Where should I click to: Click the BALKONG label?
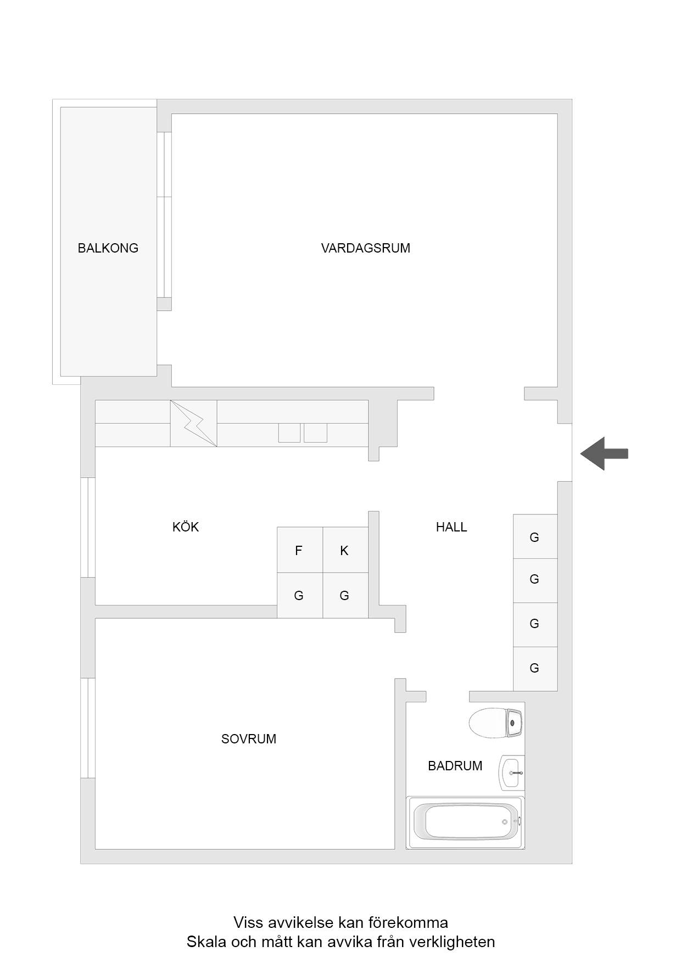point(108,248)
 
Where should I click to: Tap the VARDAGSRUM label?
point(365,248)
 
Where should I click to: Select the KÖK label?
point(186,527)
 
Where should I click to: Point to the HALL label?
point(451,527)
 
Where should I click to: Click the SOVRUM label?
point(249,739)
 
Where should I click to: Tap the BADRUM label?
point(455,766)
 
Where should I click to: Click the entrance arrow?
point(604,453)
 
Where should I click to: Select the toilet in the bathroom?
point(496,723)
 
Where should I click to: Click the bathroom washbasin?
point(511,772)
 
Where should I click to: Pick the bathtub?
point(465,822)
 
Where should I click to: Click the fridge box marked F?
point(300,550)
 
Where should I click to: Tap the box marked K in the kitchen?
point(345,550)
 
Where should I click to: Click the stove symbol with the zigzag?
point(193,423)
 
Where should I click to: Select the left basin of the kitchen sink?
point(289,433)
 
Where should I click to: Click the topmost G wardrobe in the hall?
point(535,536)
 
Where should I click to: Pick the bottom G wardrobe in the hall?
point(535,669)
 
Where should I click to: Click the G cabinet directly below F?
point(300,596)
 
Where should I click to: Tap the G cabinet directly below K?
point(345,596)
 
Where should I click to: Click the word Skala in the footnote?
point(206,942)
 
